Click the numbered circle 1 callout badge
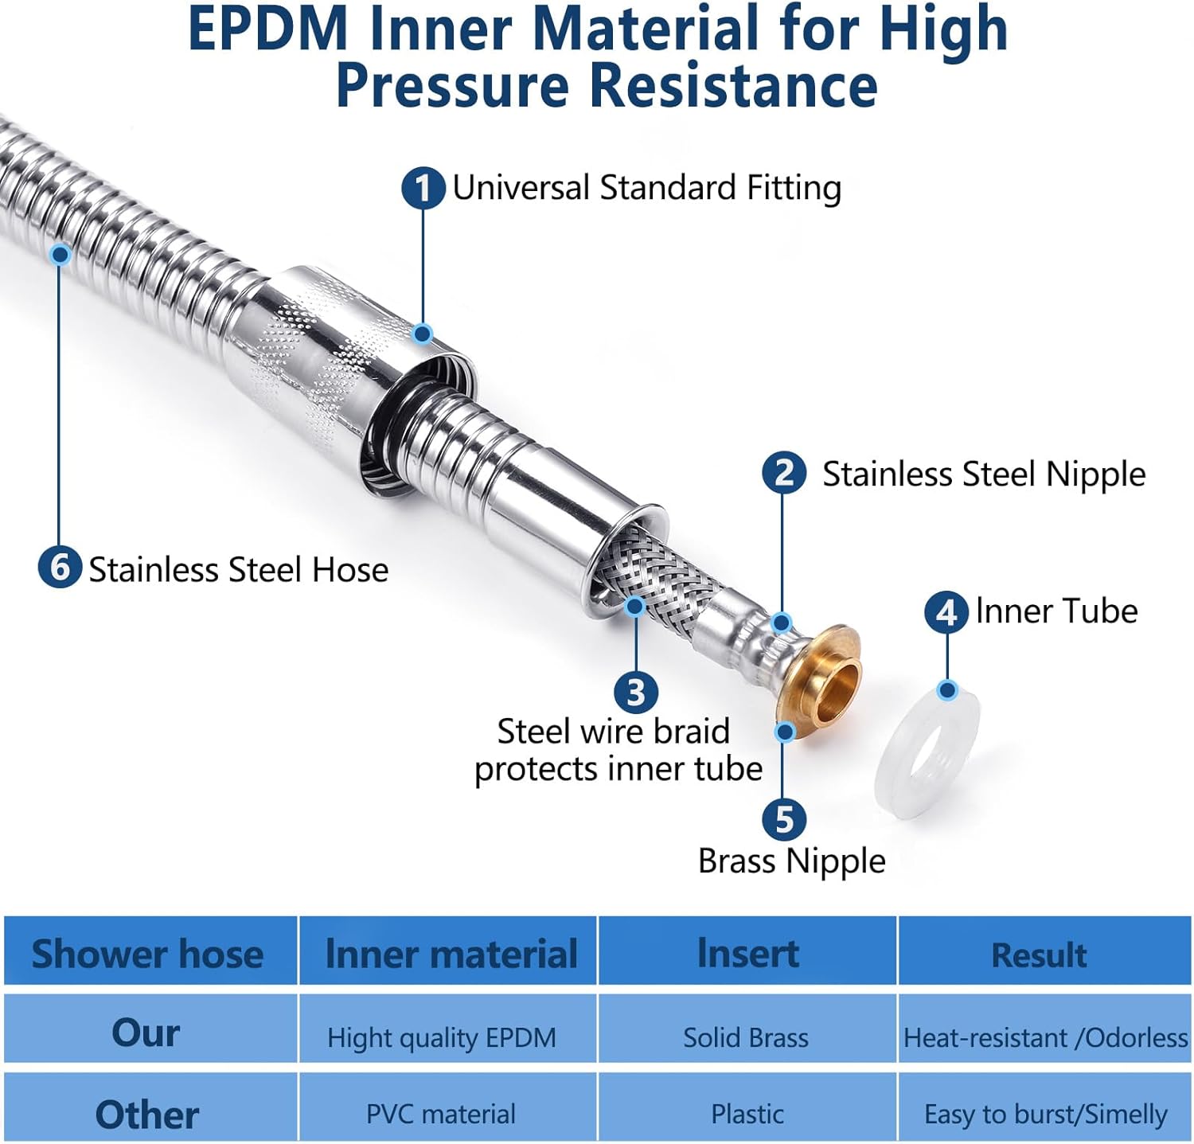tap(423, 189)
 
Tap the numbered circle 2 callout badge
tap(784, 473)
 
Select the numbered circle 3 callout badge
tap(635, 692)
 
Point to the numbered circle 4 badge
tap(946, 612)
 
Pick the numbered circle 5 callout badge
tap(784, 819)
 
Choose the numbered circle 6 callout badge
tap(60, 568)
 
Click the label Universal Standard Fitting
tap(646, 189)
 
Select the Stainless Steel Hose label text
tap(238, 570)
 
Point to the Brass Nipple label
tap(791, 861)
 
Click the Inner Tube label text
tap(1056, 611)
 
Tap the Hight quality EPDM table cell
tap(442, 1037)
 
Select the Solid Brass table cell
tap(746, 1037)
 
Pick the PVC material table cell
tap(441, 1114)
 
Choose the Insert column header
tap(747, 953)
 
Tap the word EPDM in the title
tap(268, 29)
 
